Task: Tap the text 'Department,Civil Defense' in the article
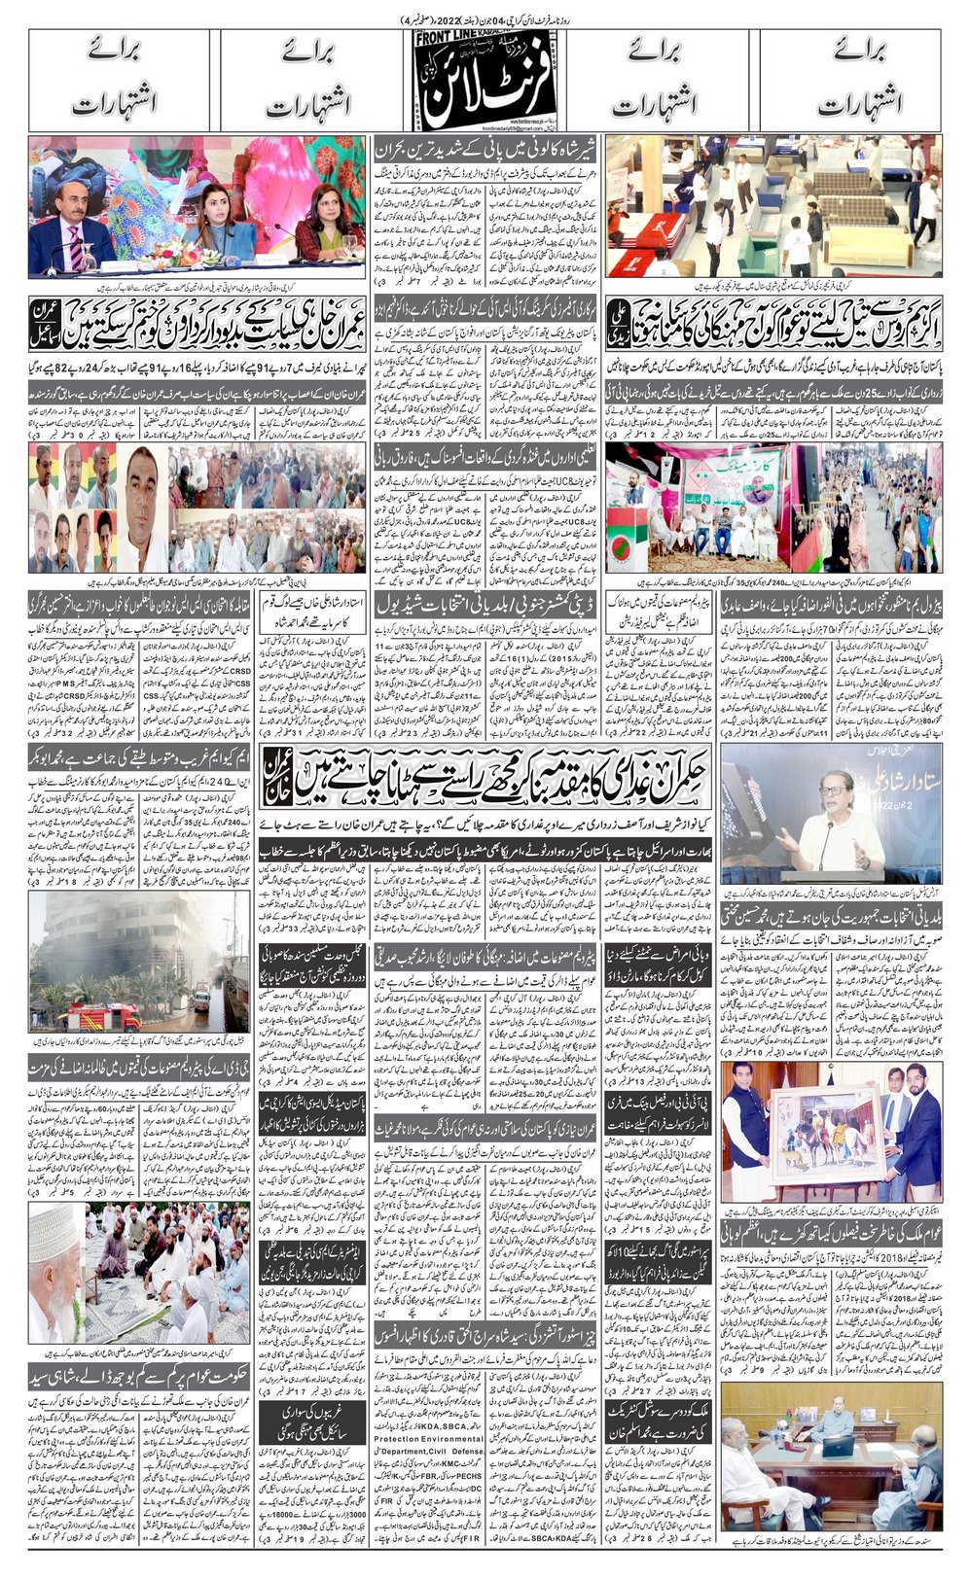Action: [x=428, y=1452]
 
